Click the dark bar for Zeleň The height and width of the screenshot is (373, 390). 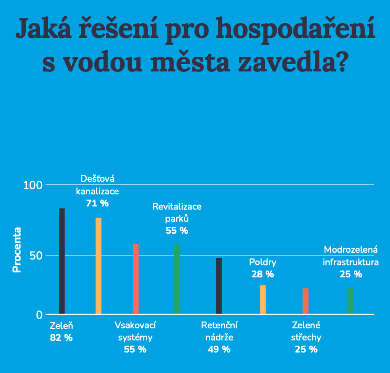coord(62,261)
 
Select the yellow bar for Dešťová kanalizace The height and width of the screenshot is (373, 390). coord(99,266)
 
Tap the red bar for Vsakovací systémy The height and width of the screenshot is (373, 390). coord(135,279)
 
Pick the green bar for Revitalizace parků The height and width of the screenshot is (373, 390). coord(177,279)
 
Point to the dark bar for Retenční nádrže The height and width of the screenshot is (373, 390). coord(219,286)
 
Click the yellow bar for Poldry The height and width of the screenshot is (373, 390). coord(263,299)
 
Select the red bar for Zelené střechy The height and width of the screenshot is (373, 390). coord(305,301)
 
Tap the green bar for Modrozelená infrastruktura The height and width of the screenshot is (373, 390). coord(350,301)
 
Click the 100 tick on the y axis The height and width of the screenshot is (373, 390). coord(33,185)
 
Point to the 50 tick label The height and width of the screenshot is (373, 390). coord(36,256)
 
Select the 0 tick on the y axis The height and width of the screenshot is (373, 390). coord(39,315)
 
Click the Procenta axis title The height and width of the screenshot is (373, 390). coord(17,250)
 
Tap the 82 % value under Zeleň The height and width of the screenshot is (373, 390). coord(61,338)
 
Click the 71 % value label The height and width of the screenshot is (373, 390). coord(97,203)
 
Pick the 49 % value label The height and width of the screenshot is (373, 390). coord(219,349)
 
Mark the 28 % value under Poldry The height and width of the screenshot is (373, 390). coord(262,274)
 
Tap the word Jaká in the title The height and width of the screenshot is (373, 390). coord(44,28)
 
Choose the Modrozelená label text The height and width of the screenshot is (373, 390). coord(351,250)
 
